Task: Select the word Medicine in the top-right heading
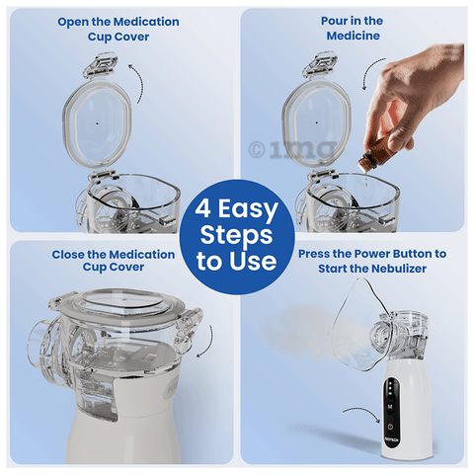point(354,36)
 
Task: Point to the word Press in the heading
point(314,254)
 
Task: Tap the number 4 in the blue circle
point(203,208)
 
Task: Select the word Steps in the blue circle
point(236,236)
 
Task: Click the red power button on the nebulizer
point(390,427)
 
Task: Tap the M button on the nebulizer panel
point(390,406)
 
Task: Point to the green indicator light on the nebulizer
point(390,393)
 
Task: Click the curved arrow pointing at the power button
point(361,411)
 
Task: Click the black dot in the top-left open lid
point(97,123)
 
